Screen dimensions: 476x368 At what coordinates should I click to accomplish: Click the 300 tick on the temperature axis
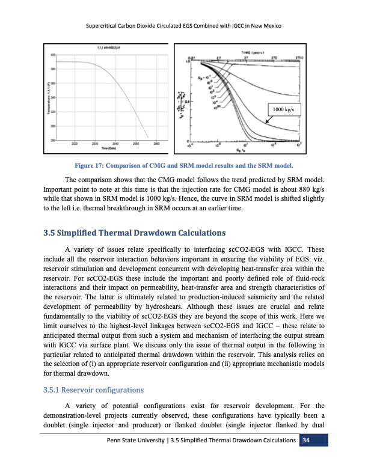54,126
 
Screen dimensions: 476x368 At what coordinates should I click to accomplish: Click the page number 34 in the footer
305,442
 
